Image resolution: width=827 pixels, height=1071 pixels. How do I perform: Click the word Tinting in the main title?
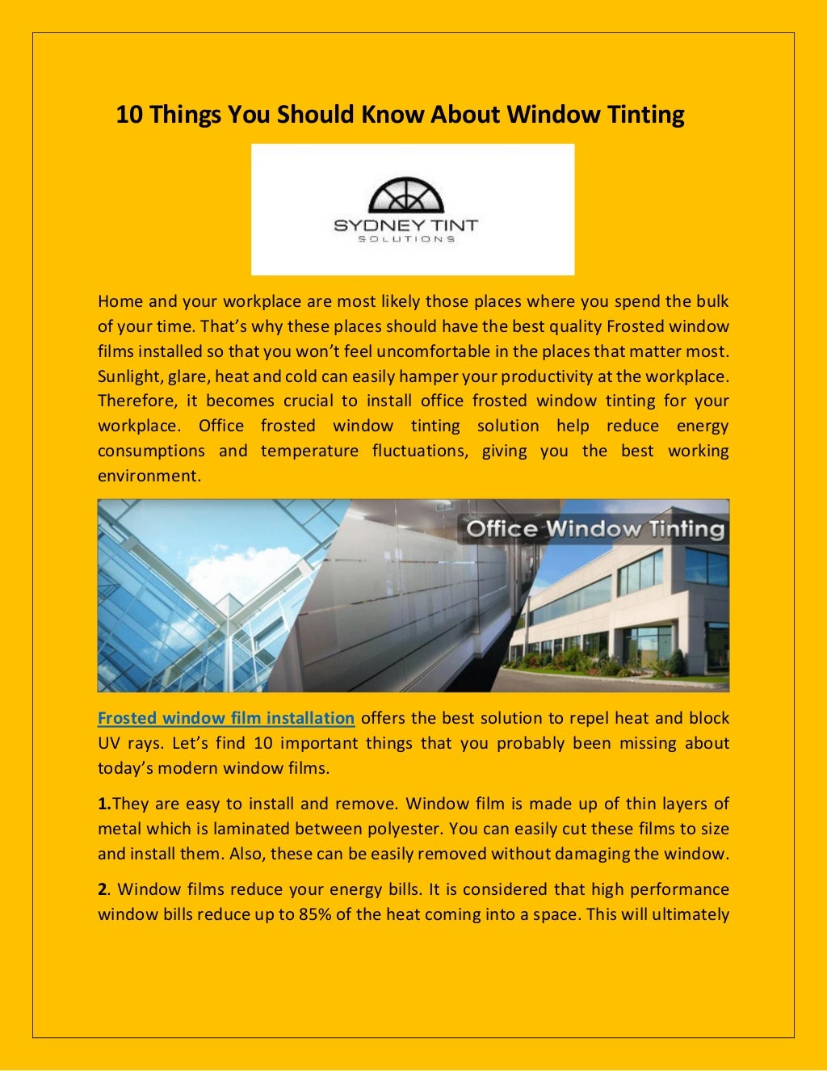[x=645, y=115]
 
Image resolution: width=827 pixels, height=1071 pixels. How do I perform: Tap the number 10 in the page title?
[x=129, y=115]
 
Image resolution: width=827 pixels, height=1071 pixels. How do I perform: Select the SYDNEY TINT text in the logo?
[x=406, y=225]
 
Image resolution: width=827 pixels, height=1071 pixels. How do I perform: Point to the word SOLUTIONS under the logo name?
[x=406, y=239]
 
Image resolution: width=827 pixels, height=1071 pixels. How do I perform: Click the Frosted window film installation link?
[x=226, y=718]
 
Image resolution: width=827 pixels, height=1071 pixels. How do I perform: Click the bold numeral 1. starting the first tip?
[x=104, y=804]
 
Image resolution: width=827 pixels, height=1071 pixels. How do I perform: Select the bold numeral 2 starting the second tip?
[x=103, y=889]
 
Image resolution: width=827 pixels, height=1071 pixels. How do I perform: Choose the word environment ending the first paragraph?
[x=148, y=476]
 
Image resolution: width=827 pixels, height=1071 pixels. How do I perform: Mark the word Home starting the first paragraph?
[x=119, y=301]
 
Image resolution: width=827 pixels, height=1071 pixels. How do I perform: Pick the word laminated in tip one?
[x=250, y=829]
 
